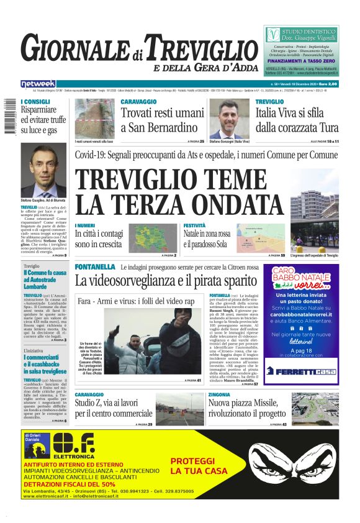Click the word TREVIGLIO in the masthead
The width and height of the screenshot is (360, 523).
197,48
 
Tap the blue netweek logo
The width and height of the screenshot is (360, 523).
38,83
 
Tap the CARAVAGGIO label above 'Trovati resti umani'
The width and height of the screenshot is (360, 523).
138,101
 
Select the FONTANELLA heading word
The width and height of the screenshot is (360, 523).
95,266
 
